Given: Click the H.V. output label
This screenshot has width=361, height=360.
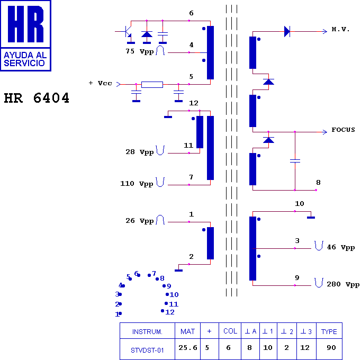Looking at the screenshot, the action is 340,29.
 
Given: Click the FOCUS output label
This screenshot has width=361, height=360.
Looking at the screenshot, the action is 343,130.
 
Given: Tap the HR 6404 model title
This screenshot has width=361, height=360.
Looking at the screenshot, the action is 37,98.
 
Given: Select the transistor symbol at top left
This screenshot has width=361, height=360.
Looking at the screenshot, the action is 125,32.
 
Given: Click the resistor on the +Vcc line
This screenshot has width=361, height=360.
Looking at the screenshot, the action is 152,85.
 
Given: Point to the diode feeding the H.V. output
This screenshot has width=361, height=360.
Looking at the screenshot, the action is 287,31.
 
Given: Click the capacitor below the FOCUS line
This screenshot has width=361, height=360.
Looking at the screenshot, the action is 295,161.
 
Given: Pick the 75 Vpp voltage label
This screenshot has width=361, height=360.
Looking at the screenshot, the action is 140,51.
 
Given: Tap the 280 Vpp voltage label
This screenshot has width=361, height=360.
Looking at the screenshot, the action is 343,284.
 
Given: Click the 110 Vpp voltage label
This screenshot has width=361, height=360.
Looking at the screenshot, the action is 137,184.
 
